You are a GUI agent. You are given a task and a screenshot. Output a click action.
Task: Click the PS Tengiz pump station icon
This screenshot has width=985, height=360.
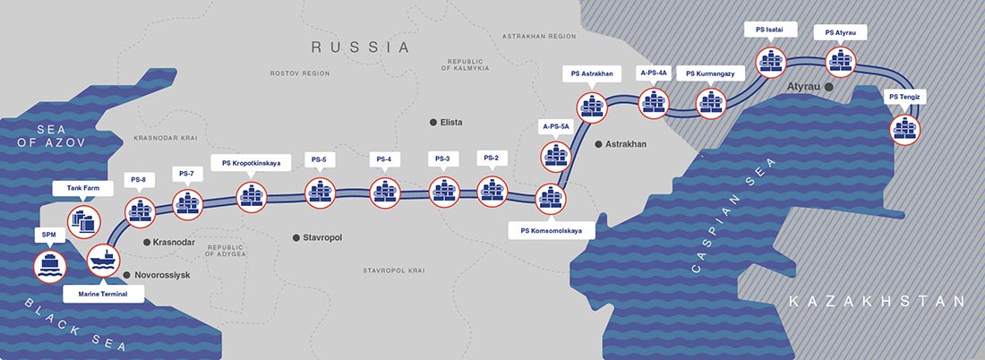pos(906,129)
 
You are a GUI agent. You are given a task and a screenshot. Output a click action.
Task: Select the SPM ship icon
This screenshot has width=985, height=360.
pos(49,264)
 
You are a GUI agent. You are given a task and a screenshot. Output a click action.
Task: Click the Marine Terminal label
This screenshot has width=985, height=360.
pos(104,291)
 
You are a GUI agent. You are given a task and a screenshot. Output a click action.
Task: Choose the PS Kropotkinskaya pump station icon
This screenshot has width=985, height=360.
pos(251,195)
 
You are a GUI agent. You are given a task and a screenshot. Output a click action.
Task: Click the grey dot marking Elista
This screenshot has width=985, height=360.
pos(434,122)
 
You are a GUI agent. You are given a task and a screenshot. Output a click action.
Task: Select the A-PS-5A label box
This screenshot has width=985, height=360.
pos(555,127)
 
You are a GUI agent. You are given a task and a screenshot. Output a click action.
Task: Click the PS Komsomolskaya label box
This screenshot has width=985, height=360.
pos(552,230)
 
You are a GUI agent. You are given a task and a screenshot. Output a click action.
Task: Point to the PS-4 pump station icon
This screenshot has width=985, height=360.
pos(385,192)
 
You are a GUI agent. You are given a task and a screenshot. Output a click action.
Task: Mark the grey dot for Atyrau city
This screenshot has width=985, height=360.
pos(829,87)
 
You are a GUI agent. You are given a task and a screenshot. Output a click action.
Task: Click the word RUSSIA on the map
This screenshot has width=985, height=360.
pos(359,47)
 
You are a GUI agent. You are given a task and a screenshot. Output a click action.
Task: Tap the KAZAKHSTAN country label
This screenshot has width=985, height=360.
pos(877,302)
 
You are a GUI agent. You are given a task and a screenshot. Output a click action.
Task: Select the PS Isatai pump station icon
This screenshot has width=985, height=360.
pos(771,62)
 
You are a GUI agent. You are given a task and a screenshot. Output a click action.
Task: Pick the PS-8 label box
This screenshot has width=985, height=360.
pos(138,179)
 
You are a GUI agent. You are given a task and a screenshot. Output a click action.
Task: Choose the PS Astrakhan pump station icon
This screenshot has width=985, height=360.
pos(591,106)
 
